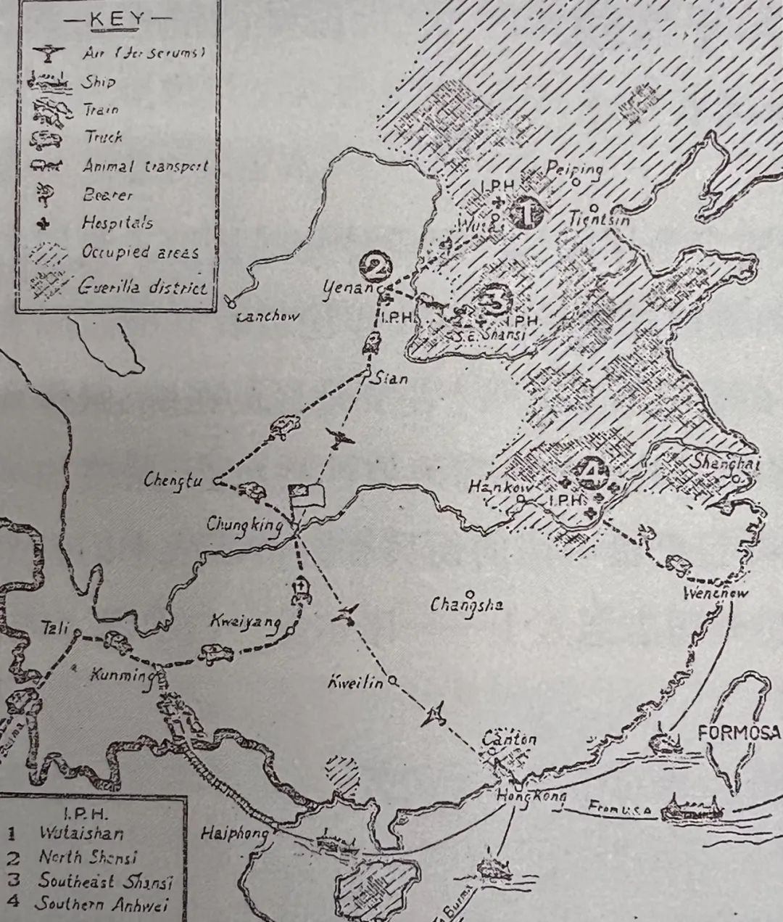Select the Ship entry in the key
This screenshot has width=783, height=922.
(x=98, y=81)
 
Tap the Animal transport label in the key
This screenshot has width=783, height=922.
(x=145, y=166)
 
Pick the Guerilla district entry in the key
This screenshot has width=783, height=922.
(x=142, y=287)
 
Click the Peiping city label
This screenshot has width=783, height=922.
(x=574, y=170)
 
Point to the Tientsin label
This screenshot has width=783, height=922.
(x=599, y=217)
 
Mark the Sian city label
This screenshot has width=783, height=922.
(x=391, y=378)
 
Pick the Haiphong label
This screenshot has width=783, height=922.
(x=233, y=833)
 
